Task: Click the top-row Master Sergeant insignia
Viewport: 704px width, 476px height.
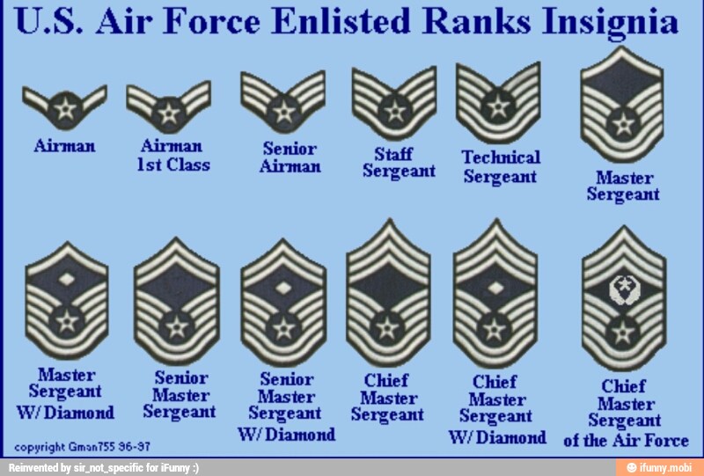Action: tap(621, 103)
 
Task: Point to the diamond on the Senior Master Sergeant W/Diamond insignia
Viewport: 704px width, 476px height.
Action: tap(282, 284)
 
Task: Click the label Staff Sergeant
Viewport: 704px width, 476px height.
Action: tap(399, 163)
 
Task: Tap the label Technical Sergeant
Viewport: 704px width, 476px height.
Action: tap(501, 166)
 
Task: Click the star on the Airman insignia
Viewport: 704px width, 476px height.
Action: tap(63, 110)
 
